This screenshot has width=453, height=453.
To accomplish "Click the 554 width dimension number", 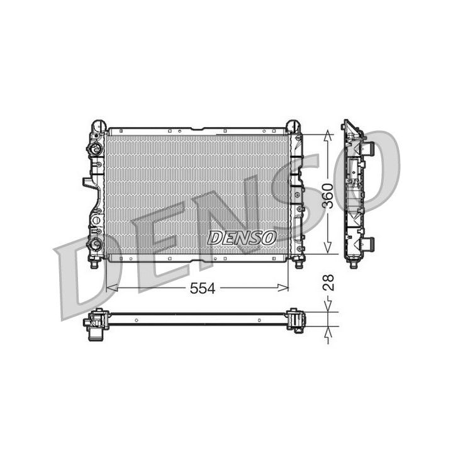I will click(202, 288).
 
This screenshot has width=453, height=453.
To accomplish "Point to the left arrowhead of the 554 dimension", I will click(111, 288).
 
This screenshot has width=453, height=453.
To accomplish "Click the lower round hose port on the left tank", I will click(95, 243).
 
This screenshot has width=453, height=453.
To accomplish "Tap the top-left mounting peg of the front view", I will click(98, 125).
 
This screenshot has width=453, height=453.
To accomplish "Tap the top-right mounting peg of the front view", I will click(294, 125).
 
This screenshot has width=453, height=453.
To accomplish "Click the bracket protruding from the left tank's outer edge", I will click(87, 183).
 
